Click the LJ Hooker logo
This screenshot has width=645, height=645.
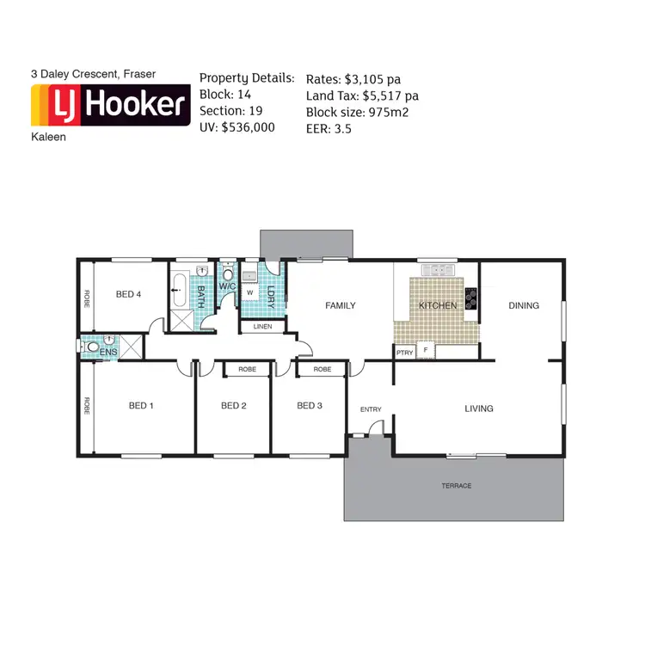coord(109,106)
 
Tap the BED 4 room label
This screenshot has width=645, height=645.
coord(128,295)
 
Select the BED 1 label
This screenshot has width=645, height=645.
coord(141,406)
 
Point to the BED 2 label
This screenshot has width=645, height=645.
coord(234,406)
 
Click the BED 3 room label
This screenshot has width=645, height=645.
coord(310,406)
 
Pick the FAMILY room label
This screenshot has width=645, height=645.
coord(340,305)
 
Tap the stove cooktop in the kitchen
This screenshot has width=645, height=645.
coord(471,298)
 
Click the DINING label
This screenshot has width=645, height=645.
coord(524,305)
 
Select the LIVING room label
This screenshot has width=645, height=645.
coord(479,408)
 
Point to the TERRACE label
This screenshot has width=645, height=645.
coord(457,486)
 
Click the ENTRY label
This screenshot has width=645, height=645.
coord(371,409)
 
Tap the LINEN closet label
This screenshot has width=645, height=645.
coord(263,327)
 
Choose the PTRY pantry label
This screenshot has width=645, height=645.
coord(404,352)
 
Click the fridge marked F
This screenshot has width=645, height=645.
coord(425,351)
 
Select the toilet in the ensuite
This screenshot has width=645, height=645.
coord(92,348)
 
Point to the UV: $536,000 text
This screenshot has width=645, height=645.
coord(237,126)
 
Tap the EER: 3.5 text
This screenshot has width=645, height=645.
coord(328,129)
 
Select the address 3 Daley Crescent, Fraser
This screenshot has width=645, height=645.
coord(94,75)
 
